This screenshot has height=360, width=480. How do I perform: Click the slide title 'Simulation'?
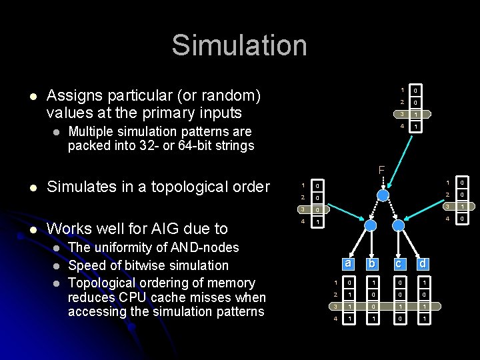[x=239, y=46]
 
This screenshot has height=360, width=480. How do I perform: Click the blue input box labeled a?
[x=347, y=263]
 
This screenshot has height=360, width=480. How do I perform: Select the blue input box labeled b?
[x=372, y=263]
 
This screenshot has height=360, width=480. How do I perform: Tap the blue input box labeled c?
[x=399, y=263]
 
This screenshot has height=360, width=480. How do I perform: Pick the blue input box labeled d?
[x=423, y=263]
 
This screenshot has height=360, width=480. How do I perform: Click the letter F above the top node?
[x=382, y=171]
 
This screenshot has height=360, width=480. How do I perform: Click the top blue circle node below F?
[x=383, y=194]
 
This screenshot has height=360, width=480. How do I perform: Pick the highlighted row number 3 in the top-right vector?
[x=402, y=114]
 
